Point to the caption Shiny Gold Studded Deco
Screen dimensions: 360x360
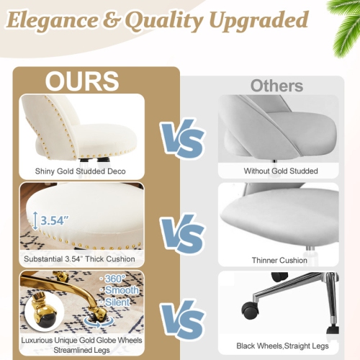point(81,171)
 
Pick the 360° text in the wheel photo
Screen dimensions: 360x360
point(114,278)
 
